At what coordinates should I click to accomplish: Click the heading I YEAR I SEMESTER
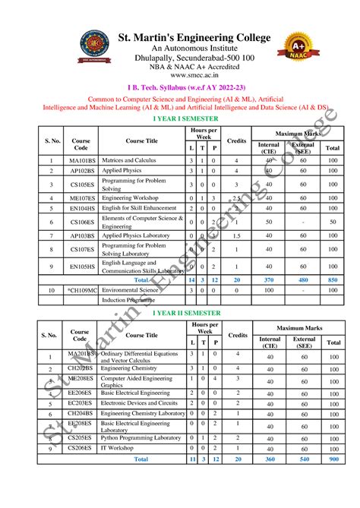pos(186,119)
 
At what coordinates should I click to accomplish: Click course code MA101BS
pos(81,161)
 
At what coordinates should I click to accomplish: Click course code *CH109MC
pos(81,290)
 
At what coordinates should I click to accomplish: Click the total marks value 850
pos(333,279)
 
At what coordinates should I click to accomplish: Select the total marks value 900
pos(333,459)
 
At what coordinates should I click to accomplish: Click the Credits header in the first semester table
pos(237,141)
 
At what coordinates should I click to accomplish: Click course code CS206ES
pos(81,449)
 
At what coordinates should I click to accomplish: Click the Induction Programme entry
pos(131,300)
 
